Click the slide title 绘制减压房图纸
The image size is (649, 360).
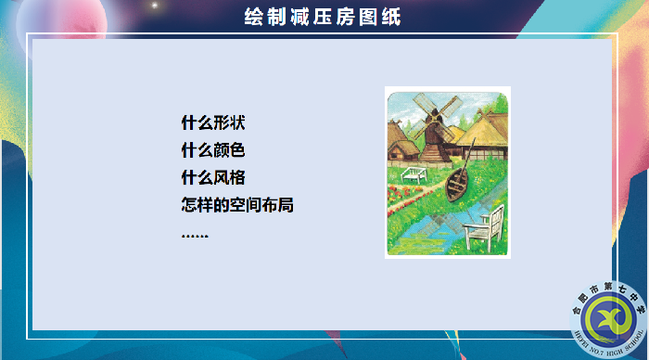click(323, 17)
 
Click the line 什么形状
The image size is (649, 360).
click(214, 122)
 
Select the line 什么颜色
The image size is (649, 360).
click(214, 150)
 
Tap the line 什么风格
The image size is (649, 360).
click(214, 177)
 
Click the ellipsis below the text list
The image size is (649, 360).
click(195, 234)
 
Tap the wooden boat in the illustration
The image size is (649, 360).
click(457, 181)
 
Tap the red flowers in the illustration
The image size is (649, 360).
click(399, 196)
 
